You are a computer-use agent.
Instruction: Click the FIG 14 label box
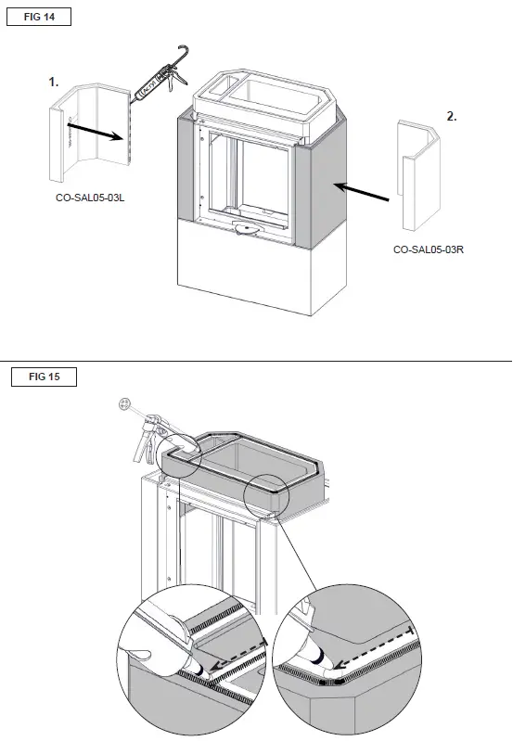[38, 19]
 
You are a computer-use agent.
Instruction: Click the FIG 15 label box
[38, 377]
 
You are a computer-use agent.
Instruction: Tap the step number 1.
[55, 83]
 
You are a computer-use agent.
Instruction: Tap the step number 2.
[452, 117]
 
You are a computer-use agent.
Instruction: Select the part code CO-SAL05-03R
[428, 249]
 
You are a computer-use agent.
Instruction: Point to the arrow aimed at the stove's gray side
[362, 192]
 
